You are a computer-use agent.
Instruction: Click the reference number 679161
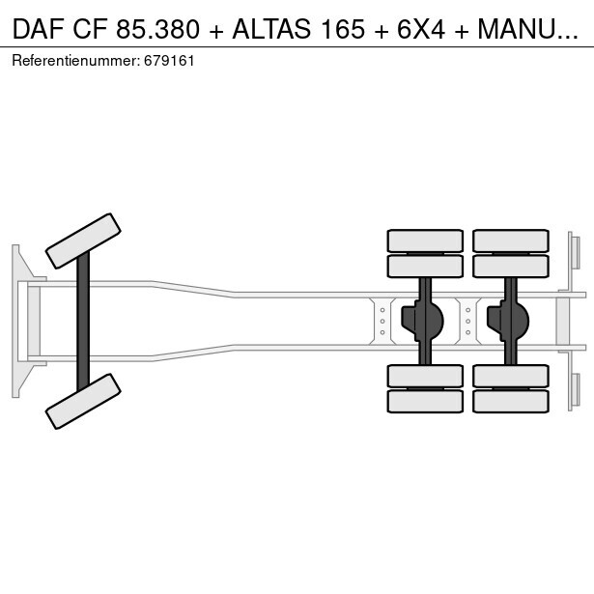point(170,60)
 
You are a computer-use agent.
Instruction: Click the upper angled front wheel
point(84,240)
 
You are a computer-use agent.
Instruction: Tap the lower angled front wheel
point(84,401)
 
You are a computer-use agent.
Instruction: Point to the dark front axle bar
point(84,321)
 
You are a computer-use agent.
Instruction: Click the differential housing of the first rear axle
point(425,318)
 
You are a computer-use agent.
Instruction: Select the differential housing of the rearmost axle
point(510,318)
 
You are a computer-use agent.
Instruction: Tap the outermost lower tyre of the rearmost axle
point(510,401)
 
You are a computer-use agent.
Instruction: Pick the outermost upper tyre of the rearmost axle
point(510,240)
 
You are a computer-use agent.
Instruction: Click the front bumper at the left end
point(16,321)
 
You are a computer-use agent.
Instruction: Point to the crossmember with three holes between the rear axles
point(467,320)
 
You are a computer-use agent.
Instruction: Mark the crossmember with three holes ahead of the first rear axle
point(382,320)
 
